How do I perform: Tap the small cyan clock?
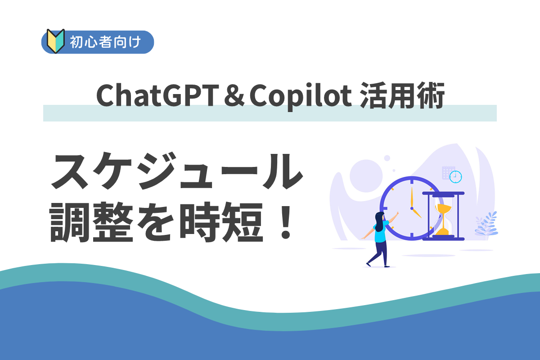tap(455, 176)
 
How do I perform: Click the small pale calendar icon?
tap(447, 172)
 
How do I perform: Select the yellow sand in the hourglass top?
tap(444, 208)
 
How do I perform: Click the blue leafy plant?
tap(486, 224)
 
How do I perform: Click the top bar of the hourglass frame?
tap(444, 193)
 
